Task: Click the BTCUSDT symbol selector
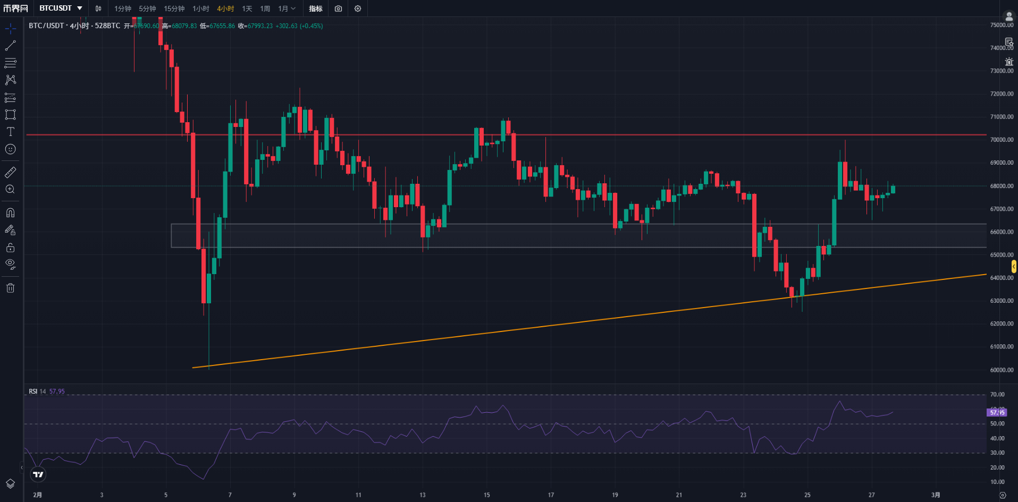coord(61,8)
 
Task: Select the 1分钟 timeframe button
coord(122,8)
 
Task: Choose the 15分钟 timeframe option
coord(174,8)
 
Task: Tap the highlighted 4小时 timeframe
coord(225,8)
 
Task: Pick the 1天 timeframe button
coord(247,8)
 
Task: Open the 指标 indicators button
coord(316,8)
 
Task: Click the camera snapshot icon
coord(339,8)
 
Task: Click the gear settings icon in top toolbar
coord(358,8)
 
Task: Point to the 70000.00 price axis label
coord(1002,140)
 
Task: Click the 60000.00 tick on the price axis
coord(1002,370)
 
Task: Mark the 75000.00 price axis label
coord(1002,25)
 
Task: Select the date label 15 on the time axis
coord(486,495)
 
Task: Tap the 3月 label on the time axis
coord(936,495)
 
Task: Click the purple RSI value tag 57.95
coord(997,412)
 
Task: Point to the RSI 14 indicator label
coord(37,392)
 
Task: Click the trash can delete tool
coord(10,288)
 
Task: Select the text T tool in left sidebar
coord(10,132)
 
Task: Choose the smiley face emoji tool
coord(10,149)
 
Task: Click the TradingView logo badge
coord(38,474)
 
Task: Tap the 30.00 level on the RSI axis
coord(997,453)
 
